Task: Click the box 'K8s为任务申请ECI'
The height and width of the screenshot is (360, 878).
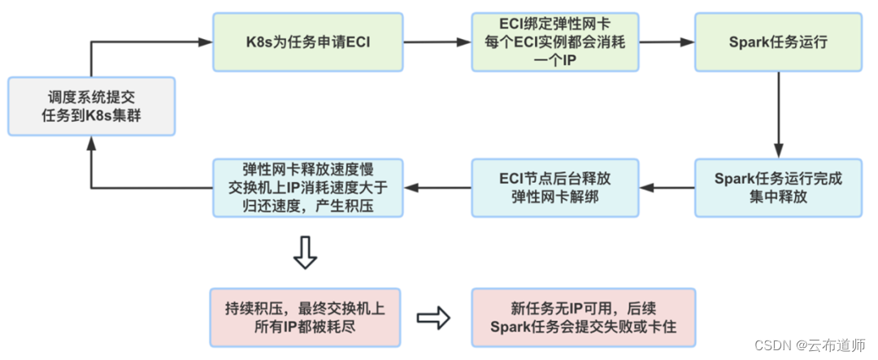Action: coord(307,41)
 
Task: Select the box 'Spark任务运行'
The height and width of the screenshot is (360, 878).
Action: coord(779,41)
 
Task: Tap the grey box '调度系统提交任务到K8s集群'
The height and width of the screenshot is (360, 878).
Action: coord(91,106)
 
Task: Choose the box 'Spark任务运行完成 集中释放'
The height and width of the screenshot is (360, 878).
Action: coord(779,188)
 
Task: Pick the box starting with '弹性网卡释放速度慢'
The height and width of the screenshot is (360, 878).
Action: coord(307,188)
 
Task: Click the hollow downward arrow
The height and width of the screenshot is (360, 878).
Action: coord(306,253)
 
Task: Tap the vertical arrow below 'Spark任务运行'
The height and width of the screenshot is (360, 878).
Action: coord(779,114)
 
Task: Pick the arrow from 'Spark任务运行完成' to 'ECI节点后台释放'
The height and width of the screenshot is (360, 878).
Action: coord(667,188)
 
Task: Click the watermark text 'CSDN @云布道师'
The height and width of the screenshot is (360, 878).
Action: coord(810,345)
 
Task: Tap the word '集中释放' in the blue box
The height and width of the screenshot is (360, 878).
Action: coord(779,197)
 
